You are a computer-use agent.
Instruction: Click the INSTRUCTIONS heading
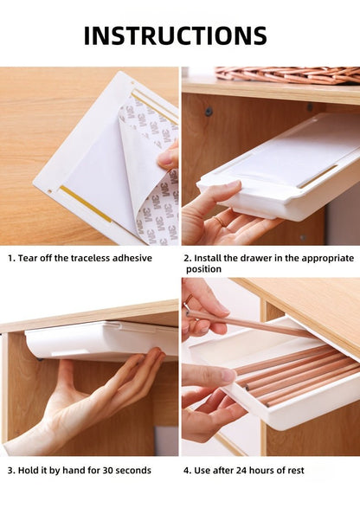[176, 35]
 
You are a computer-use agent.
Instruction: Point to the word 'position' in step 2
[203, 269]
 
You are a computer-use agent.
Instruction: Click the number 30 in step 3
[107, 471]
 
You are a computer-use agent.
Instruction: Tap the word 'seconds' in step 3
[133, 471]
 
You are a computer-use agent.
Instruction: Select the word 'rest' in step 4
[295, 471]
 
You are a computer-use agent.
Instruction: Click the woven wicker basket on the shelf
[287, 75]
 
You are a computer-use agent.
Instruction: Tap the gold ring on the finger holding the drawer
[220, 222]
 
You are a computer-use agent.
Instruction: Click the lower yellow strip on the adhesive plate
[86, 203]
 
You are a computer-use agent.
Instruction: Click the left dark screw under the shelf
[209, 112]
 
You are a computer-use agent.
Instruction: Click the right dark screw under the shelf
[310, 107]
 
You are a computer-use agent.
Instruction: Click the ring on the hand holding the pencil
[189, 300]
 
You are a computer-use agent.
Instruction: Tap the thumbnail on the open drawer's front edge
[228, 376]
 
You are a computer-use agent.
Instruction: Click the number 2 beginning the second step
[187, 259]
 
